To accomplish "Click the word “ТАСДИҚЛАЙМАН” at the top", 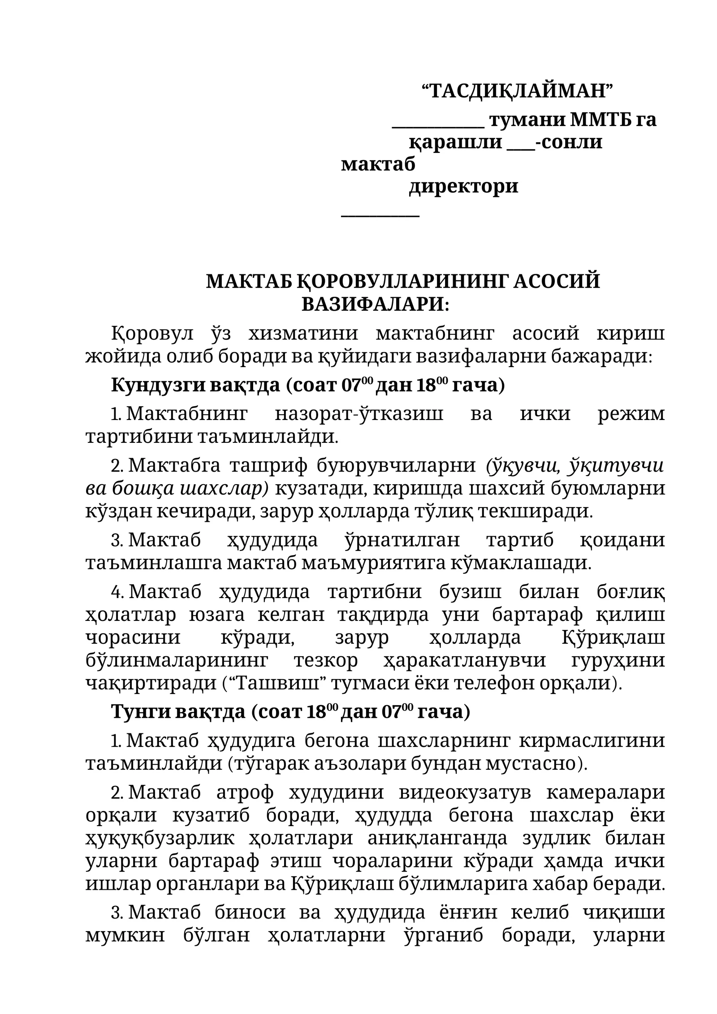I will pyautogui.click(x=517, y=91).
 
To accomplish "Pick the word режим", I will pyautogui.click(x=631, y=414).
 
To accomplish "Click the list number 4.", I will pyautogui.click(x=116, y=593).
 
